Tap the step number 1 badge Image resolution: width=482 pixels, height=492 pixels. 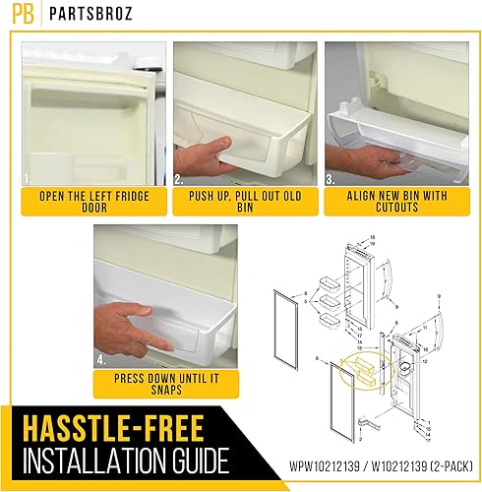click(27, 180)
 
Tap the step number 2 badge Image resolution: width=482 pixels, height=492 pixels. click(180, 180)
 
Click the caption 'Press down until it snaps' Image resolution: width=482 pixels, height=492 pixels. click(159, 384)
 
